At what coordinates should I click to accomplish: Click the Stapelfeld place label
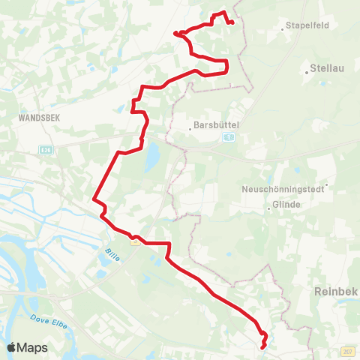coord(308,25)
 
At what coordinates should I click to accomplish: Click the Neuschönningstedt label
coord(283,189)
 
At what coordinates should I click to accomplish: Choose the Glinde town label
coord(287,204)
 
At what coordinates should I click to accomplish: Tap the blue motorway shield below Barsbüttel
coord(229,137)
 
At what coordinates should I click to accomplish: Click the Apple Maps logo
coord(27,347)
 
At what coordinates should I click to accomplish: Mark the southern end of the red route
coord(262,347)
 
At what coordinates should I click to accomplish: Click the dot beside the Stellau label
coord(309,73)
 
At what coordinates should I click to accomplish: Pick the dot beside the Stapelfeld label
coord(283,29)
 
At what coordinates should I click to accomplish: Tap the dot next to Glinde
coord(269,208)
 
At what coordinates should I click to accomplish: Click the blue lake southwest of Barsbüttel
coord(152,156)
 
